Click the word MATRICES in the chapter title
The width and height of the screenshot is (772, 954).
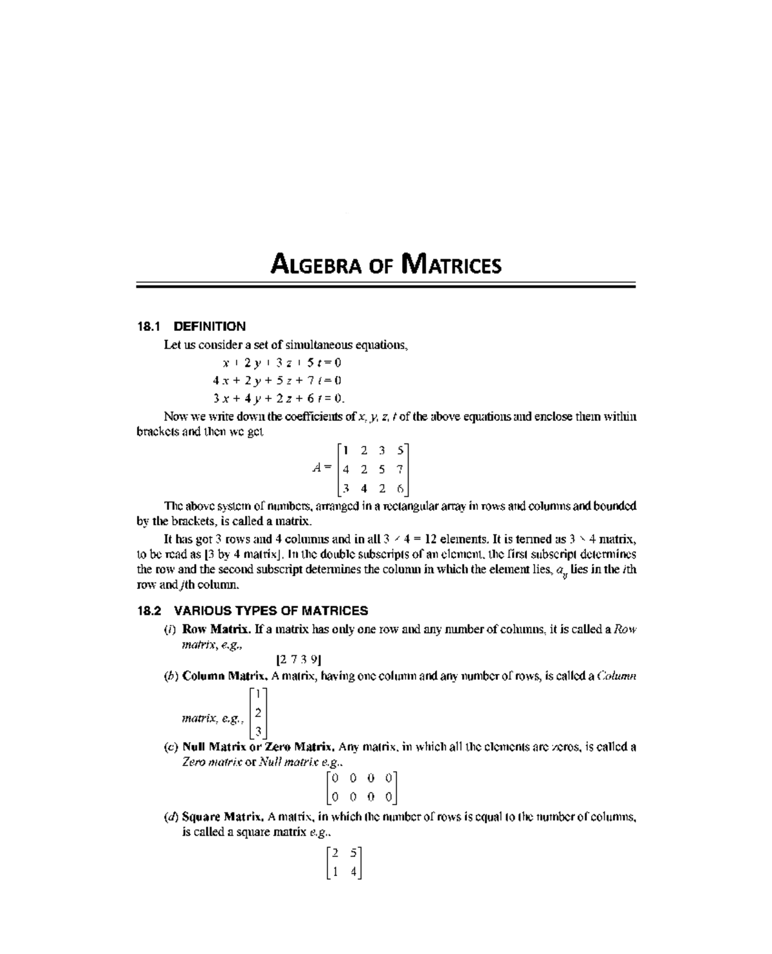[x=450, y=265]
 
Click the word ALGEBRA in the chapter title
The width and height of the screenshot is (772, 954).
[x=317, y=265]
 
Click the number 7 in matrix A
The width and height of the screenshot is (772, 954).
[x=400, y=469]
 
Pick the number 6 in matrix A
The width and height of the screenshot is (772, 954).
[x=400, y=489]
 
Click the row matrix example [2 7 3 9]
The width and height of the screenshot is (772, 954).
[x=299, y=659]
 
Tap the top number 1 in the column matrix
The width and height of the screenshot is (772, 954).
[x=257, y=694]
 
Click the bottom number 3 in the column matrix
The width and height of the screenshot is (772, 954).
[x=257, y=731]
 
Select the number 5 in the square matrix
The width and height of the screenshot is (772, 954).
[x=353, y=854]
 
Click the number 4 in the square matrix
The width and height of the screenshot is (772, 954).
[x=353, y=872]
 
